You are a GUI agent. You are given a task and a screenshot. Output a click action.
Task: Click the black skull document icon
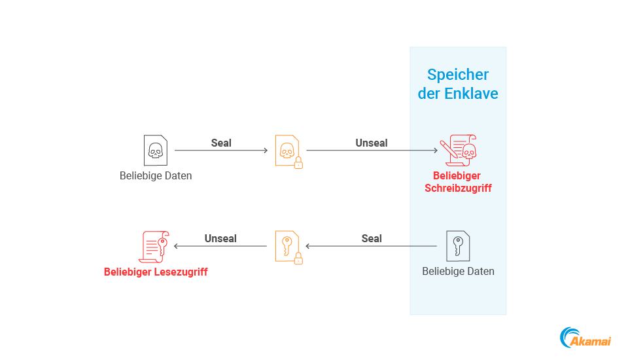click(x=155, y=151)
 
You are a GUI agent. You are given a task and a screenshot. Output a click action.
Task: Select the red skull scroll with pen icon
click(x=459, y=151)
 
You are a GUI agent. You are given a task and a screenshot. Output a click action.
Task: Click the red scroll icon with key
click(x=155, y=247)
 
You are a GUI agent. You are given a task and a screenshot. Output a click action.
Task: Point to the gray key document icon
click(x=458, y=246)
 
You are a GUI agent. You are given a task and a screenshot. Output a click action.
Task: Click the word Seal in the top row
click(x=221, y=143)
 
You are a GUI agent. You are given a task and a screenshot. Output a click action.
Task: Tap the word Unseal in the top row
click(x=372, y=143)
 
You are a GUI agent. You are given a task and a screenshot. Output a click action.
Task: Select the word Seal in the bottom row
click(x=372, y=238)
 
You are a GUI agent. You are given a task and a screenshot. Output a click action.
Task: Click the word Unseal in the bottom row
click(x=220, y=238)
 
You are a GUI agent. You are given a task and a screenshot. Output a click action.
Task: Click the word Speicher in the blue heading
click(x=458, y=75)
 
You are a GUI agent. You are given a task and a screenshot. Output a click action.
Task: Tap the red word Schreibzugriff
click(x=458, y=189)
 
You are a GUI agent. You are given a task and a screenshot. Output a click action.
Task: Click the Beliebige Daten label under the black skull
click(x=156, y=176)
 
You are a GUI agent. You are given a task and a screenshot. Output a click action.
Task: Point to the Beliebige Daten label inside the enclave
click(x=458, y=271)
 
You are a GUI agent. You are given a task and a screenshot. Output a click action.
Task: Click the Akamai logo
click(x=585, y=338)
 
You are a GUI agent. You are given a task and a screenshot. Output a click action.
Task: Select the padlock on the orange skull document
click(x=298, y=163)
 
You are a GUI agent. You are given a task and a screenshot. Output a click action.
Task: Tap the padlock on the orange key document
click(x=298, y=259)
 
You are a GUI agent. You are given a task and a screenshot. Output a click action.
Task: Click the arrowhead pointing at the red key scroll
click(x=177, y=247)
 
